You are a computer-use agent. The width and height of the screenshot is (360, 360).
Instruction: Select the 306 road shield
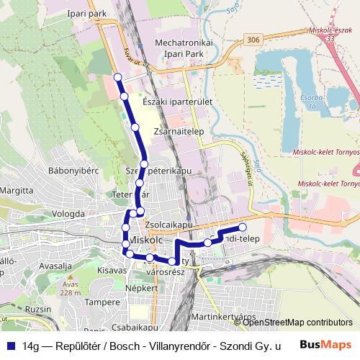coord(251,40)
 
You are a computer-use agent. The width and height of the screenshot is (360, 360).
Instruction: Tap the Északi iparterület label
coord(177,102)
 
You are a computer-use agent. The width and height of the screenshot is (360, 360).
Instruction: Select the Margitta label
coord(17,191)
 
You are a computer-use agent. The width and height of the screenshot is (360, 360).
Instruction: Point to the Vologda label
coord(68,214)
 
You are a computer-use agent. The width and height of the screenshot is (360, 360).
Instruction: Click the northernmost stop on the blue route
coord(118,76)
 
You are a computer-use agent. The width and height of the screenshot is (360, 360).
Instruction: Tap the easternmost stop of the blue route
coord(243,228)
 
